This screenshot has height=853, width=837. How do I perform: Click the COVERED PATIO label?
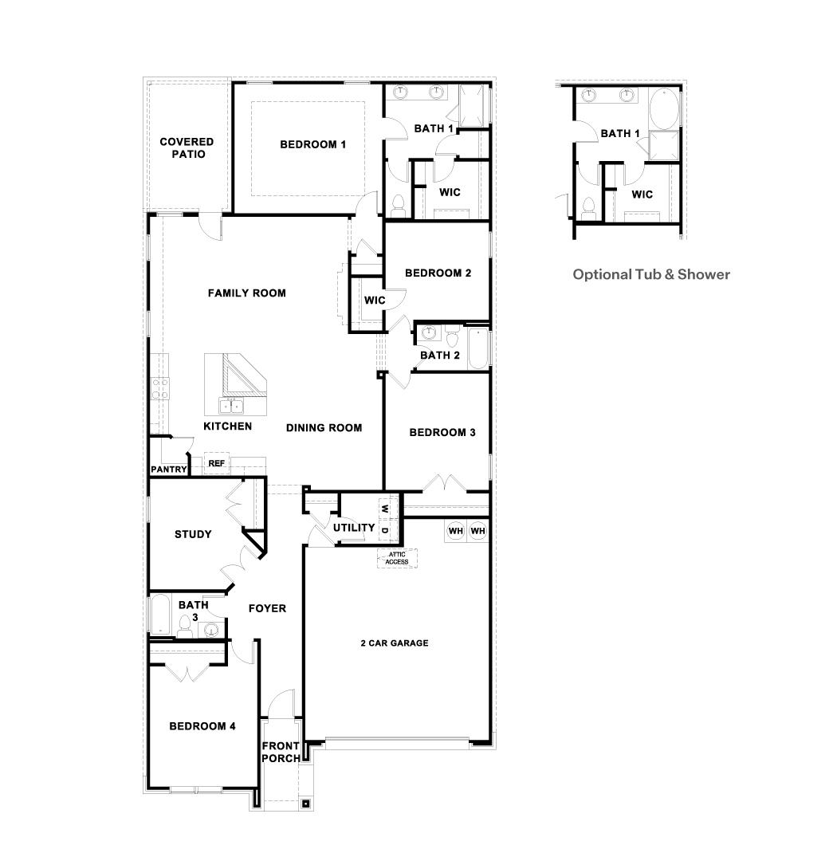(187, 147)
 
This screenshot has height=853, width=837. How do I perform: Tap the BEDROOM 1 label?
(312, 144)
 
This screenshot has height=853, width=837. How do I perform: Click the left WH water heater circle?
(455, 531)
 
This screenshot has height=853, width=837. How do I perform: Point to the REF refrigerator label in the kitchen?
(216, 463)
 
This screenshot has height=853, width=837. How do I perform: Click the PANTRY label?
(168, 470)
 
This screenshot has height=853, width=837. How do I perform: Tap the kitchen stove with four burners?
(160, 389)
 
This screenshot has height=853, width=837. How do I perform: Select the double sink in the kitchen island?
(231, 406)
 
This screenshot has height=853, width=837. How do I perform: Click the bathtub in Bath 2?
(477, 348)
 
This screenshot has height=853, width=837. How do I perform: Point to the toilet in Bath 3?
(186, 623)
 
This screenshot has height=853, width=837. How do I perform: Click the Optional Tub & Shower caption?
(651, 274)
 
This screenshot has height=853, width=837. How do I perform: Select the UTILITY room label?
(354, 528)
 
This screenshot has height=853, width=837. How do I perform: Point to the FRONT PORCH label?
(281, 752)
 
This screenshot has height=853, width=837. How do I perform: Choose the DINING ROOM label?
(324, 427)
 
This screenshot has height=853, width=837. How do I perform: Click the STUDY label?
(193, 534)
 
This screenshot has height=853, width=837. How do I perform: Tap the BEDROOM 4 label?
(202, 726)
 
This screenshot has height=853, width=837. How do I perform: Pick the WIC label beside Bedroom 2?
(375, 301)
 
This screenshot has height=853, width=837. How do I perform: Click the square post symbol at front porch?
(305, 804)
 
